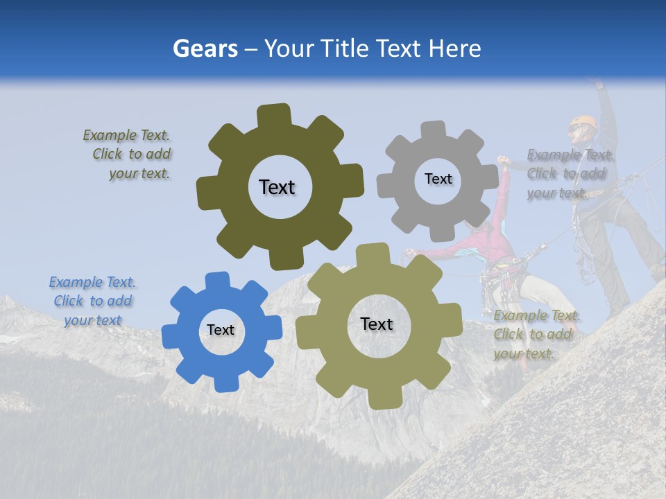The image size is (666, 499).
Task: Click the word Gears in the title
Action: (205, 49)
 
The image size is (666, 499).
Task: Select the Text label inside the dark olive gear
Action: (277, 187)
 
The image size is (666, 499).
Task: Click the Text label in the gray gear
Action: (438, 179)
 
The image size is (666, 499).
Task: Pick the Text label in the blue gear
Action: (221, 331)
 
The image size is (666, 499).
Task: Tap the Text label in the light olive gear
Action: (377, 324)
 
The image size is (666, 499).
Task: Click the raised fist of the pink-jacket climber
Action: (504, 161)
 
